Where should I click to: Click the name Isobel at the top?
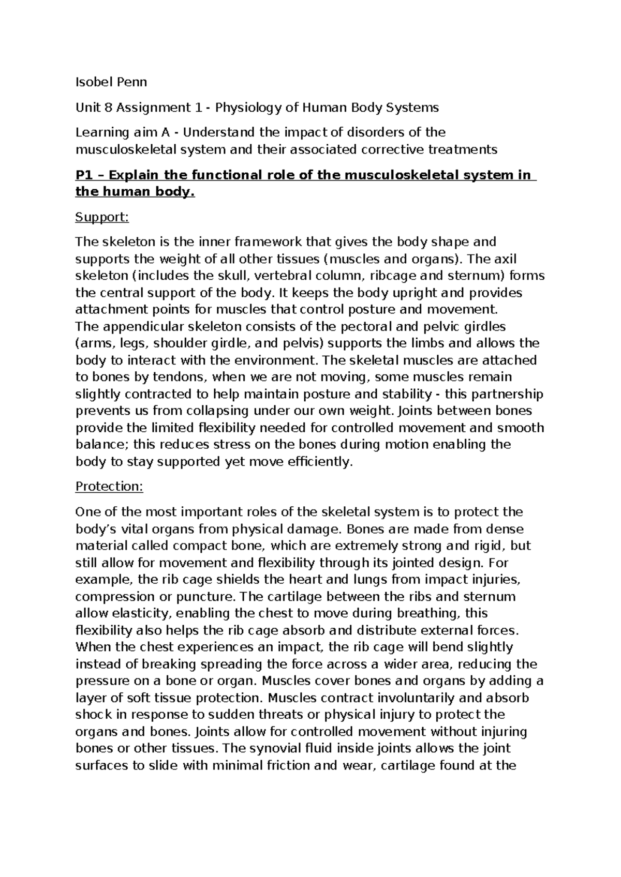tap(93, 82)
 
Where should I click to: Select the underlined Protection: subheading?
tap(109, 487)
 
